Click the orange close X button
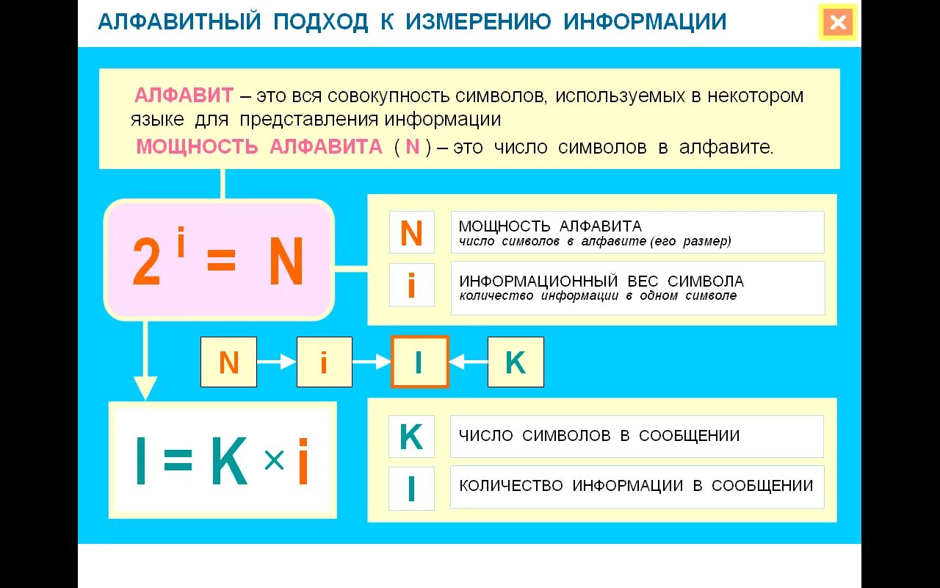click(x=838, y=23)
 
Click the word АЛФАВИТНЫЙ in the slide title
click(x=179, y=22)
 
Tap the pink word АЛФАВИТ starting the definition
click(x=184, y=96)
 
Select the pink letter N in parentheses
click(x=413, y=147)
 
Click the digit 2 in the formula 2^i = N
click(x=146, y=263)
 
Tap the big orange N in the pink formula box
click(x=286, y=262)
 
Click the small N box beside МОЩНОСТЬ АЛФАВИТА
click(x=411, y=233)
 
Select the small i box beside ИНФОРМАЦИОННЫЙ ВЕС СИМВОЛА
click(x=411, y=284)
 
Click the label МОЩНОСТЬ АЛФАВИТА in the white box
click(x=550, y=226)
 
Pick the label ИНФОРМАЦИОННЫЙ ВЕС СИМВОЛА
click(x=601, y=281)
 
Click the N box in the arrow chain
click(x=229, y=362)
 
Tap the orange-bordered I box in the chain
click(x=419, y=362)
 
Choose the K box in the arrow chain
click(x=516, y=362)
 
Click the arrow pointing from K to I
click(x=468, y=362)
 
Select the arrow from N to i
click(x=277, y=362)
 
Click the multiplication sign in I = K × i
click(x=273, y=461)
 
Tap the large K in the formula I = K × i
click(x=228, y=462)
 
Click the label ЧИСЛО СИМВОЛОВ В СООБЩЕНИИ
click(x=599, y=436)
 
